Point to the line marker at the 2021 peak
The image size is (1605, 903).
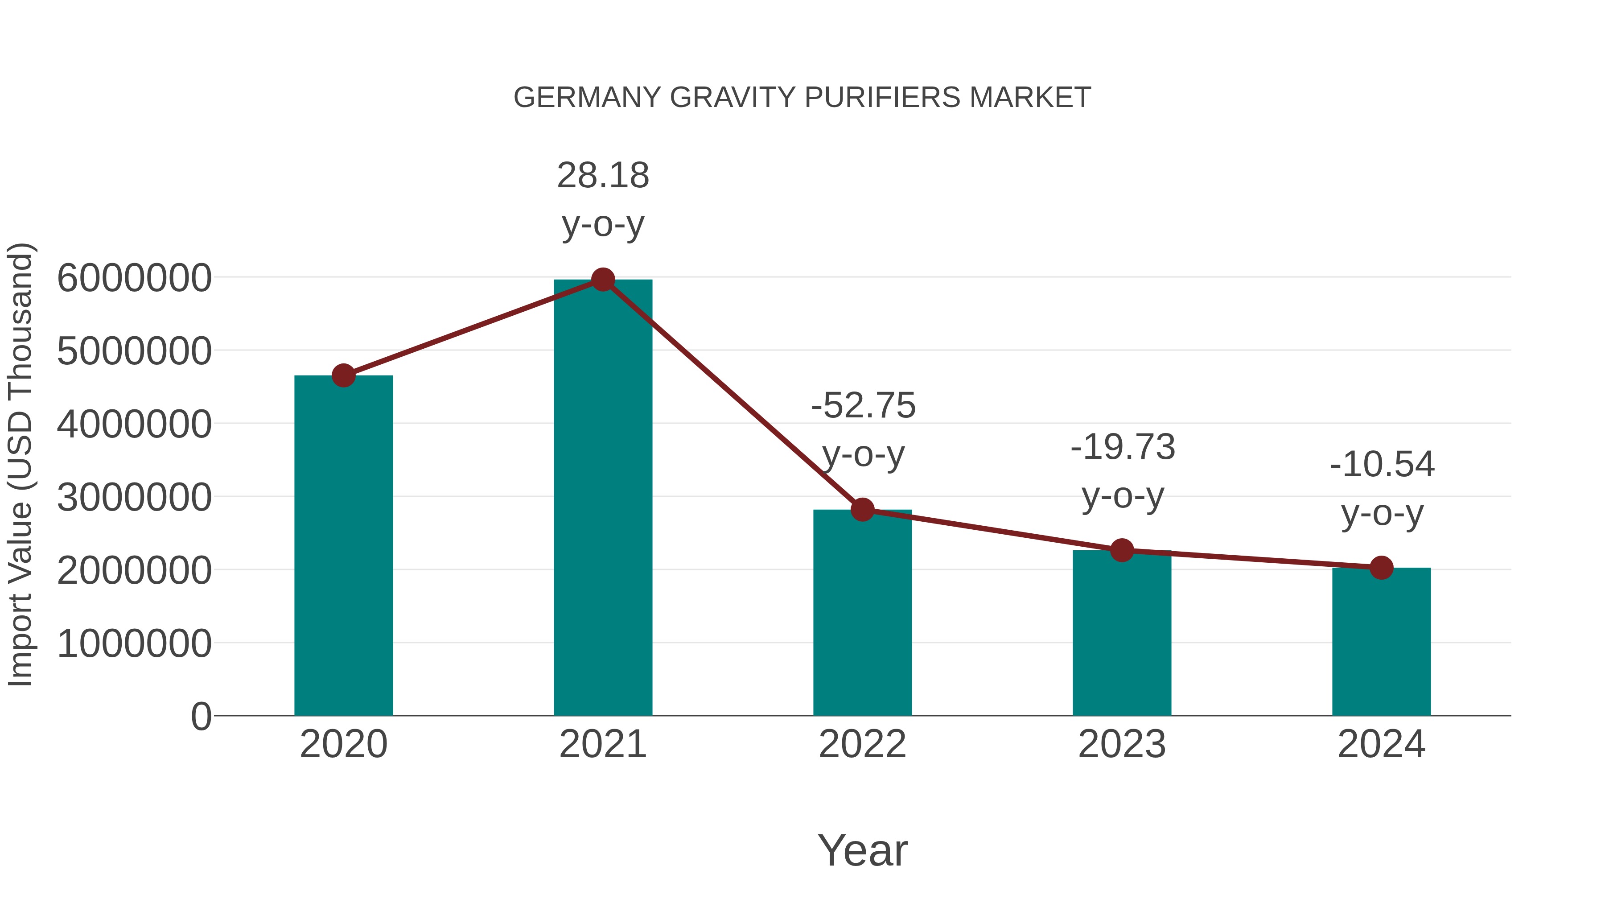click(x=602, y=280)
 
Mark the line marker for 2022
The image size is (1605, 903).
click(x=862, y=510)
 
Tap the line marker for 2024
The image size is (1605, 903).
click(x=1381, y=568)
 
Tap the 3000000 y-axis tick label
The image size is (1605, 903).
click(x=134, y=497)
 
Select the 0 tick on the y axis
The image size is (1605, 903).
click(x=201, y=716)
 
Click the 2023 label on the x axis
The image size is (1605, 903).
click(x=1122, y=744)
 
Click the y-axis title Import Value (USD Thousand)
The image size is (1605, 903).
click(x=20, y=464)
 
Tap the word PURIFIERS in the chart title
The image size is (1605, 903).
click(x=882, y=98)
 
